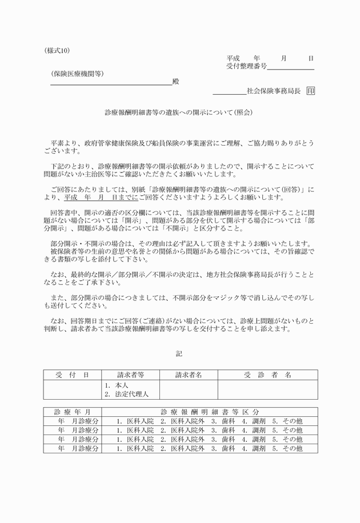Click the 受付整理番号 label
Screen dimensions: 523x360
[x=246, y=67]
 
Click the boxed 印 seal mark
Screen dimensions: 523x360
[x=310, y=91]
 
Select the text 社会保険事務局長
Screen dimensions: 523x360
[x=273, y=91]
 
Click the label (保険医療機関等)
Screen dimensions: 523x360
[x=77, y=74]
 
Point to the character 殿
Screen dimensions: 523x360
[x=175, y=82]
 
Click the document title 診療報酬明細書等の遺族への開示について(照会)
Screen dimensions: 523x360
[x=179, y=113]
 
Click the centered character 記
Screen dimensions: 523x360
[x=179, y=353]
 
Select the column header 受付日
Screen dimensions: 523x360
[x=72, y=375]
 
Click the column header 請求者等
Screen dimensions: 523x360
[x=130, y=375]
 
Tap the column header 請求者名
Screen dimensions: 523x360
[x=189, y=375]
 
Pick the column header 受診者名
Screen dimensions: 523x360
[x=267, y=375]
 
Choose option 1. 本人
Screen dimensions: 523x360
[x=117, y=385]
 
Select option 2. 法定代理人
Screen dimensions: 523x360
[x=126, y=394]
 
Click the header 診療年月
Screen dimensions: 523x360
[x=72, y=412]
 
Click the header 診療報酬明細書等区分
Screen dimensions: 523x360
[x=210, y=412]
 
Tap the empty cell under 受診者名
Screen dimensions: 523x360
[x=267, y=390]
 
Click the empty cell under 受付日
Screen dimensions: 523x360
[x=72, y=390]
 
